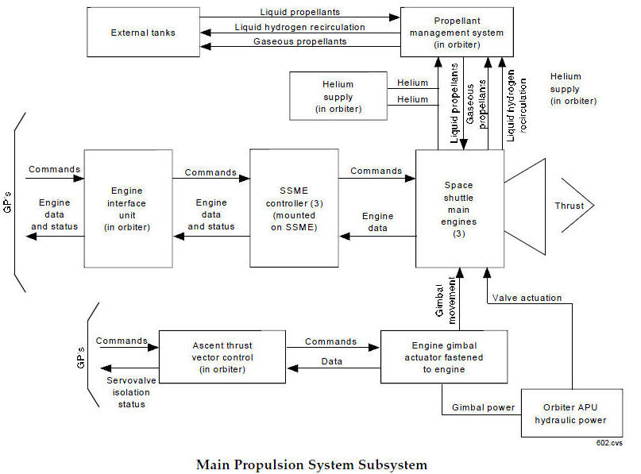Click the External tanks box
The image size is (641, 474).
[x=142, y=33]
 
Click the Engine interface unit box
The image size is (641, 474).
[x=128, y=208]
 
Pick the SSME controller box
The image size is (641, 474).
[x=294, y=208]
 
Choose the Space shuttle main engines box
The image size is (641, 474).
[x=460, y=208]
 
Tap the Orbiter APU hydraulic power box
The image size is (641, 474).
[x=569, y=413]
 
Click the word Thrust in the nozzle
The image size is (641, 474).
[x=569, y=206]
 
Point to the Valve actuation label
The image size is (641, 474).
[x=527, y=298]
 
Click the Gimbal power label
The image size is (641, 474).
[x=484, y=407]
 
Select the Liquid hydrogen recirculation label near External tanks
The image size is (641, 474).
[x=300, y=27]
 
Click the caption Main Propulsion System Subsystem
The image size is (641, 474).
[x=311, y=464]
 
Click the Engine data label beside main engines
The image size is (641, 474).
[x=377, y=222]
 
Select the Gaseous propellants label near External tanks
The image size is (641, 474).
[x=300, y=41]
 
